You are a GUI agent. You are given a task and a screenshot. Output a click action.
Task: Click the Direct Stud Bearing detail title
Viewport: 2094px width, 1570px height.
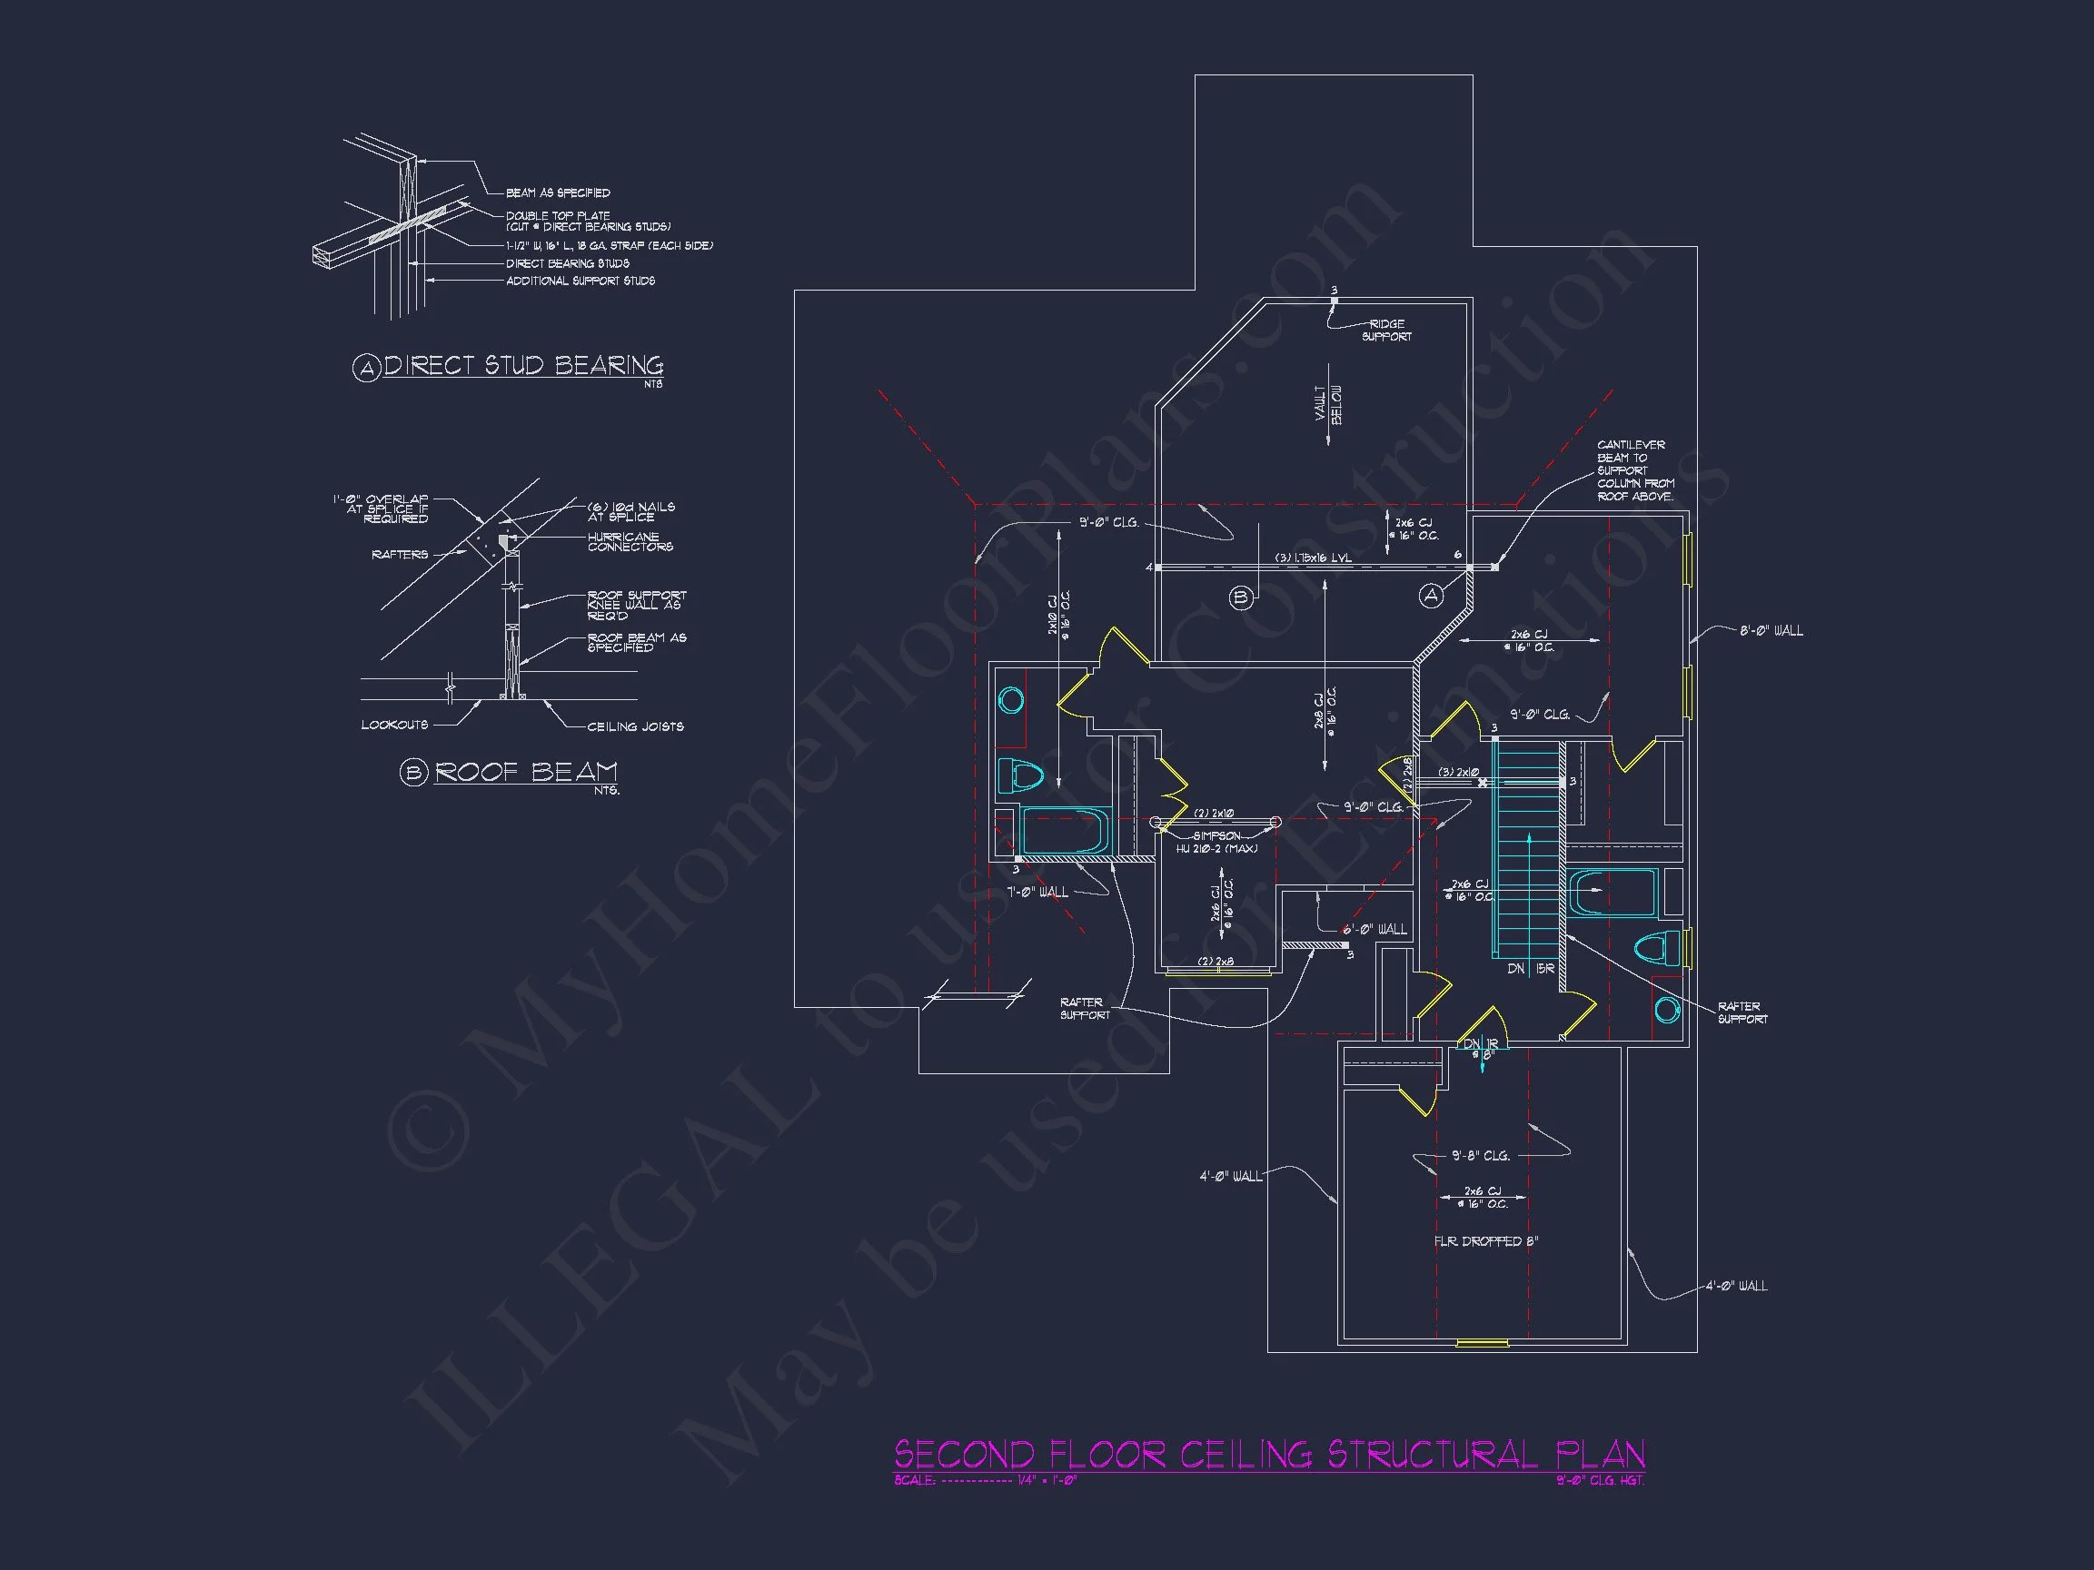click(522, 365)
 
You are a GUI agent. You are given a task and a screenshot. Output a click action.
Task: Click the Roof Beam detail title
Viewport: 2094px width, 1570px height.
click(525, 771)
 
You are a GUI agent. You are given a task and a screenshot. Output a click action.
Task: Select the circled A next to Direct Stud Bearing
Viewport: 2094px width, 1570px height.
click(366, 368)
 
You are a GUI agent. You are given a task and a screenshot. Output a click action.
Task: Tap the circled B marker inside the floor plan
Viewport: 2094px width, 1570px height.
click(1241, 597)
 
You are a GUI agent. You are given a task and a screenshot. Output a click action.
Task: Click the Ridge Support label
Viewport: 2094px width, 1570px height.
click(1386, 331)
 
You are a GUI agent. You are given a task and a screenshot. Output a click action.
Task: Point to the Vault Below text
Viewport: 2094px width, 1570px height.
click(1328, 404)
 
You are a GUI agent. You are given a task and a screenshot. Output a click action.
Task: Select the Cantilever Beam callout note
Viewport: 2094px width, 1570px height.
click(1635, 470)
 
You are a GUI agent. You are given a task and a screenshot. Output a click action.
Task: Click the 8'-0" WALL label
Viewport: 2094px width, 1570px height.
click(1771, 630)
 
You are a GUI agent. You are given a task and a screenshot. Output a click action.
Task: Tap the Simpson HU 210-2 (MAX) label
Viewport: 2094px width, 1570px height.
click(1216, 843)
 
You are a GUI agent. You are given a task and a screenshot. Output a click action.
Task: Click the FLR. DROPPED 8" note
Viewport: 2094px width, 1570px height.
click(1485, 1240)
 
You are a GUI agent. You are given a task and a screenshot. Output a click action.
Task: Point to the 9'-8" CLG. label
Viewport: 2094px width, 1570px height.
click(1481, 1156)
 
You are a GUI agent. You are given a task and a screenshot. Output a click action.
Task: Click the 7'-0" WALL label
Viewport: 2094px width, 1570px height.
click(1037, 892)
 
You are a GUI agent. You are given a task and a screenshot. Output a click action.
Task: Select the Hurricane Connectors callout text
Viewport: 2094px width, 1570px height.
click(630, 541)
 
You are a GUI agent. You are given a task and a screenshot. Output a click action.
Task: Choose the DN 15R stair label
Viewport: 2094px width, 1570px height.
click(1530, 969)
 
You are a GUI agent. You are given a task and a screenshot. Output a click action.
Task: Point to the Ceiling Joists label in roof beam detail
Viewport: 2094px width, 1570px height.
click(635, 726)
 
